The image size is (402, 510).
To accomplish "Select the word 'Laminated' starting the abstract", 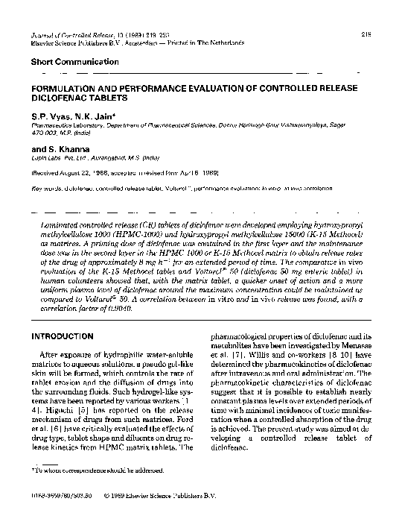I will pos(62,223).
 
